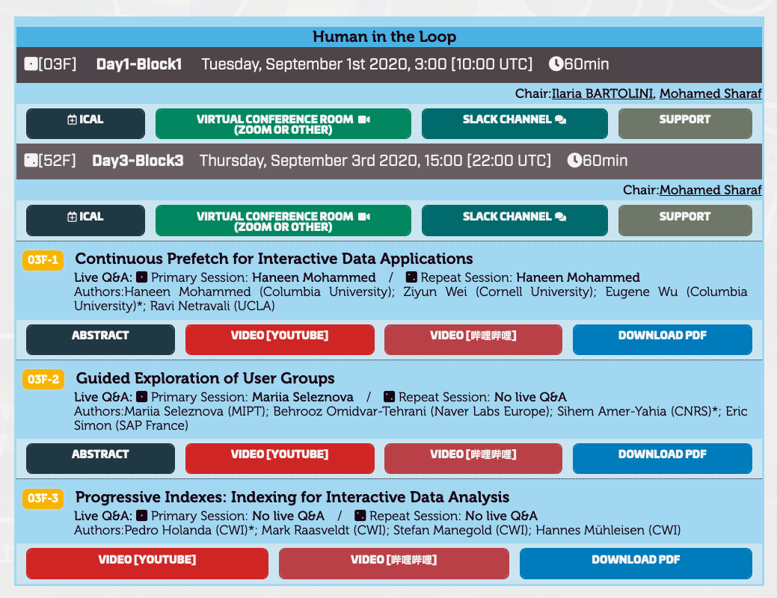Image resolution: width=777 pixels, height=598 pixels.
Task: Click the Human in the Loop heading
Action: pyautogui.click(x=384, y=37)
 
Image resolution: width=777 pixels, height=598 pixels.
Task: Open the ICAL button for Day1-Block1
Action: pyautogui.click(x=86, y=123)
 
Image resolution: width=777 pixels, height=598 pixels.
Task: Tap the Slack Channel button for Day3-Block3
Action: pyautogui.click(x=515, y=221)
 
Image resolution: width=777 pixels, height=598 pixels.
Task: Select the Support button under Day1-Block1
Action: pyautogui.click(x=685, y=123)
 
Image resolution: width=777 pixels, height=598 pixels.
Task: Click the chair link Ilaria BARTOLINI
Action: pyautogui.click(x=602, y=93)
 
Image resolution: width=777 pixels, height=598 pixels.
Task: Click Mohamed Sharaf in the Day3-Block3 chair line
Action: pyautogui.click(x=710, y=190)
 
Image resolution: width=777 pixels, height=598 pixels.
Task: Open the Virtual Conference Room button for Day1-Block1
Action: pyautogui.click(x=283, y=123)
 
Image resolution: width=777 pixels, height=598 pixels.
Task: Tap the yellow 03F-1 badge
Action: pyautogui.click(x=43, y=260)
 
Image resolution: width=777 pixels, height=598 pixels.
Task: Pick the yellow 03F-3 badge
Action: pyautogui.click(x=43, y=499)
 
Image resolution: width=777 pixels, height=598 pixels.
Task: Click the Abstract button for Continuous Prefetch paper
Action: pyautogui.click(x=101, y=339)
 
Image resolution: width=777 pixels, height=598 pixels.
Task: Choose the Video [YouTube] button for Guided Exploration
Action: pyautogui.click(x=280, y=458)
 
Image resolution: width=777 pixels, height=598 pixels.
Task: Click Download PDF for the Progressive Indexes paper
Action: pyautogui.click(x=636, y=564)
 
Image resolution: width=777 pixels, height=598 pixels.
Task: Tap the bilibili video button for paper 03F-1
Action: pyautogui.click(x=473, y=339)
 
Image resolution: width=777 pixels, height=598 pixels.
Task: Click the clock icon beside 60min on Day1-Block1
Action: pyautogui.click(x=556, y=64)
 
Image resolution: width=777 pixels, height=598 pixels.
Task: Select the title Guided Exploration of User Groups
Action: pyautogui.click(x=205, y=378)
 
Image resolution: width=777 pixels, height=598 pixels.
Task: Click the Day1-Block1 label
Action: pyautogui.click(x=139, y=64)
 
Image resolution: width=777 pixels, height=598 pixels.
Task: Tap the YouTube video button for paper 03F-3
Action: pyautogui.click(x=147, y=564)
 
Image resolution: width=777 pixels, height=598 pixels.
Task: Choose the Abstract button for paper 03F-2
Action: pyautogui.click(x=101, y=458)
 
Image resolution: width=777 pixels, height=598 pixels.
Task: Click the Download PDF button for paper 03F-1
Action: pyautogui.click(x=663, y=339)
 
